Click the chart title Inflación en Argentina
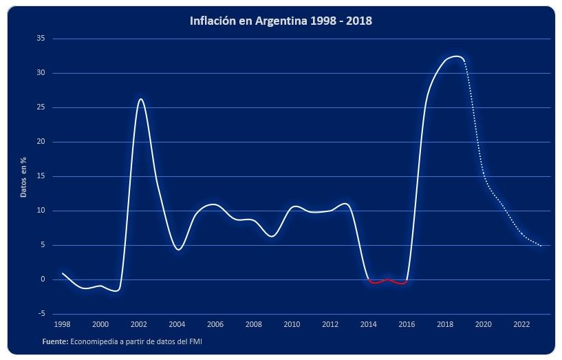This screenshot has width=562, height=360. pyautogui.click(x=281, y=21)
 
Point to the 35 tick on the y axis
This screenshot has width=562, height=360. pyautogui.click(x=41, y=39)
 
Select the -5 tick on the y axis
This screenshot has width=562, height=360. pyautogui.click(x=41, y=314)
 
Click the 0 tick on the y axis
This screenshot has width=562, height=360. pyautogui.click(x=43, y=279)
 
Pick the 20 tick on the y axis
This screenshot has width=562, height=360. pyautogui.click(x=41, y=142)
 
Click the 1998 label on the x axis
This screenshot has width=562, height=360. pyautogui.click(x=62, y=324)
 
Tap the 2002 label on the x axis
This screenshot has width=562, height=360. pyautogui.click(x=139, y=324)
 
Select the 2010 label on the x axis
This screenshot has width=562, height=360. pyautogui.click(x=292, y=324)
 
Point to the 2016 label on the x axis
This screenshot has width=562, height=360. pyautogui.click(x=407, y=324)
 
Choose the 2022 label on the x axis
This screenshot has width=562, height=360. pyautogui.click(x=521, y=324)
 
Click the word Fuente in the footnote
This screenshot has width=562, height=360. pyautogui.click(x=54, y=341)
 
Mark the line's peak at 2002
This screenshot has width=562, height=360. pyautogui.click(x=140, y=99)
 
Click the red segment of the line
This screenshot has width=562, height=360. pyautogui.click(x=387, y=281)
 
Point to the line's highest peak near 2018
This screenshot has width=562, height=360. pyautogui.click(x=455, y=56)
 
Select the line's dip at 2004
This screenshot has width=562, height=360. pyautogui.click(x=178, y=249)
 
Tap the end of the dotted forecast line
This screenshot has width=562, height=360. pyautogui.click(x=541, y=245)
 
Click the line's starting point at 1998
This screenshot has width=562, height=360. pyautogui.click(x=63, y=273)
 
